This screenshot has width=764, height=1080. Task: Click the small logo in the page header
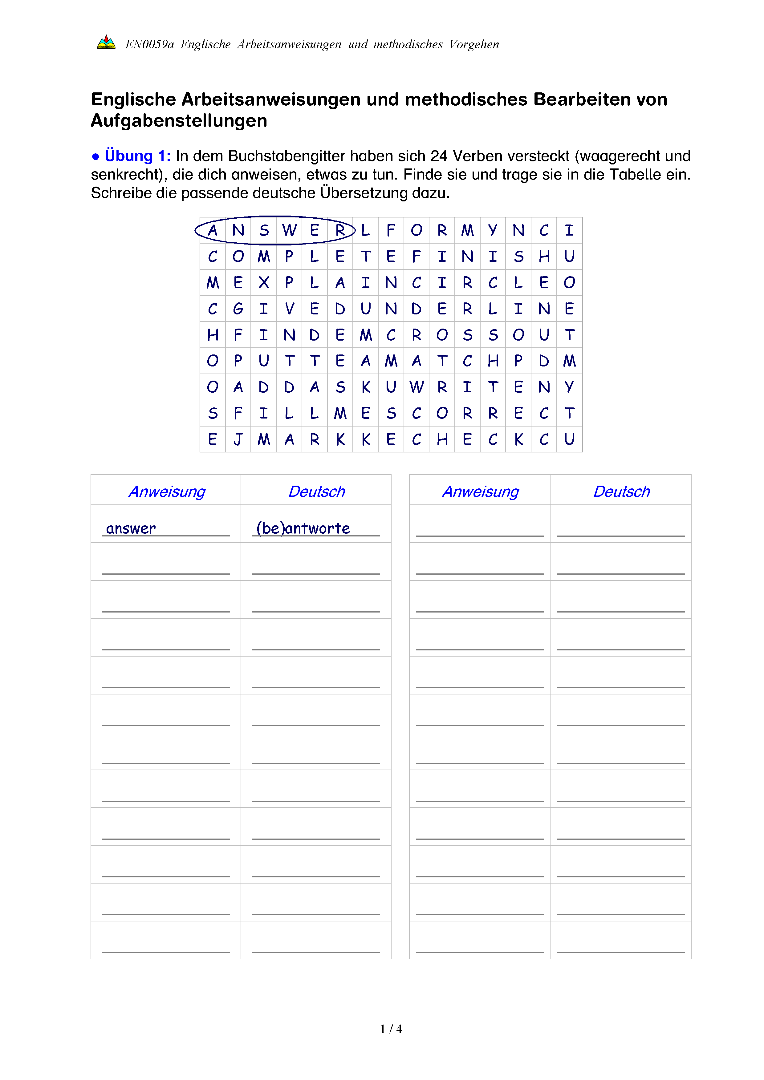[x=106, y=43]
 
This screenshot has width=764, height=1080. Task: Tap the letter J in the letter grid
[x=238, y=439]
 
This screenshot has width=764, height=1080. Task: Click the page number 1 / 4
[x=391, y=1029]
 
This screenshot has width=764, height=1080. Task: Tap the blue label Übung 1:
[x=137, y=156]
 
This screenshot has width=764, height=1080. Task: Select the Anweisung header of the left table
[x=167, y=491]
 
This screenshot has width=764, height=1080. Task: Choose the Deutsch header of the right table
[x=621, y=491]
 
